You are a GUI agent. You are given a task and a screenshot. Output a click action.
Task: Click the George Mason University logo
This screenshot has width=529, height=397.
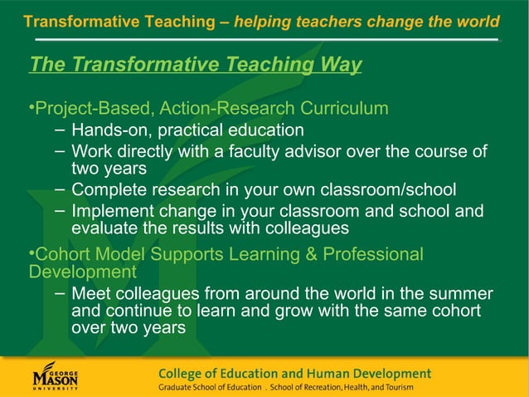56,375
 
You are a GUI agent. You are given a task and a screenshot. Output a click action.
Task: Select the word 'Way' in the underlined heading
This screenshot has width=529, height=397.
341,65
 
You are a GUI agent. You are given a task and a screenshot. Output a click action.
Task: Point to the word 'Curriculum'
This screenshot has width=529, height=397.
347,109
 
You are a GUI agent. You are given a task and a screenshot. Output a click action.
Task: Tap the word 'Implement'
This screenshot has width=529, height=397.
114,211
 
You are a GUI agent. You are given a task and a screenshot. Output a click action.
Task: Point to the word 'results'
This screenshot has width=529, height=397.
211,228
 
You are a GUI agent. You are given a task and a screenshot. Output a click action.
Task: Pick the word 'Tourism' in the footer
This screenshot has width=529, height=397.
394,388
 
